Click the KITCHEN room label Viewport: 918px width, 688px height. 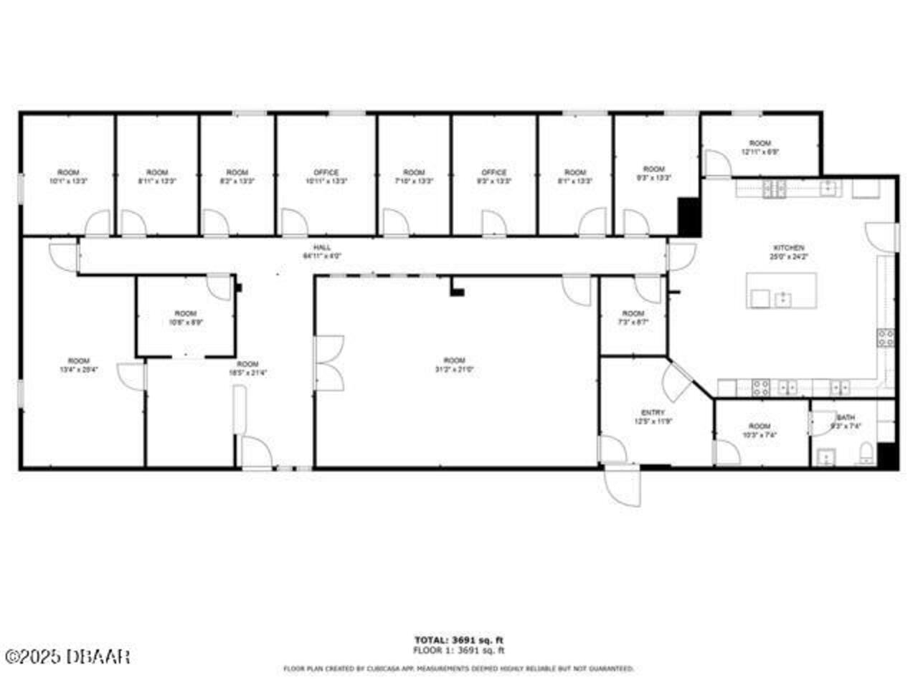(787, 247)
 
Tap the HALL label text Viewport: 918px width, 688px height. (322, 247)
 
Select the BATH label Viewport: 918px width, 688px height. (846, 417)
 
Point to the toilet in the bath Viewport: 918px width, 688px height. (866, 452)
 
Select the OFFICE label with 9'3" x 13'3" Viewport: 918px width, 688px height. (493, 173)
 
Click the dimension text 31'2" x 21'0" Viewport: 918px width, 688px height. (454, 370)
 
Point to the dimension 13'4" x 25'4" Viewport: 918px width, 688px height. (79, 370)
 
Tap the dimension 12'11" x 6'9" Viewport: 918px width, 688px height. (760, 152)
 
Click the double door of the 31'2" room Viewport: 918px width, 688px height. (328, 363)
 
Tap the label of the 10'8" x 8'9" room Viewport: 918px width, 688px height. (185, 313)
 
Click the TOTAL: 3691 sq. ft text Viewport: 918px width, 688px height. (459, 640)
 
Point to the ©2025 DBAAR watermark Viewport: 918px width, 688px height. (67, 656)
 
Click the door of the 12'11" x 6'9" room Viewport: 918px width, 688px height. (718, 163)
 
